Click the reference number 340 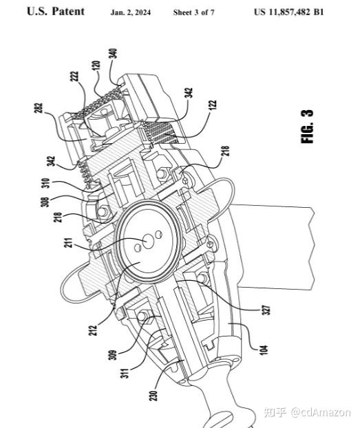coord(113,54)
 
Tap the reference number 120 coord(96,65)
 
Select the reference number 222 coord(74,76)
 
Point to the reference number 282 coord(39,108)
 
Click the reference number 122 coord(213,105)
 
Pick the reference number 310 coord(45,183)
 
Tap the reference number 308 coord(45,202)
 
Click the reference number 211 coord(69,243)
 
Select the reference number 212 coord(94,330)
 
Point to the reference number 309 coord(112,355)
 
